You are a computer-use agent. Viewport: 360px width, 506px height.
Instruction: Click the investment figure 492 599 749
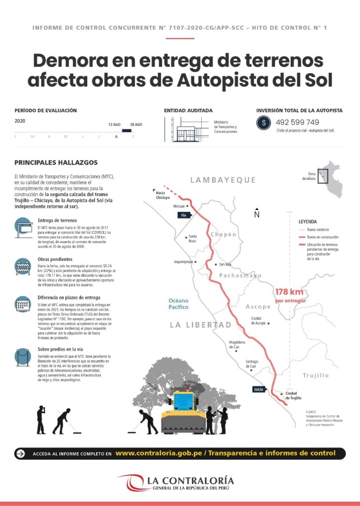pyautogui.click(x=297, y=122)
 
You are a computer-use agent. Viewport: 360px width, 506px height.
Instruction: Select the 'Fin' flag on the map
pyautogui.click(x=183, y=215)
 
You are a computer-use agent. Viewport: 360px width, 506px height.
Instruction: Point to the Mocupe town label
pyautogui.click(x=179, y=206)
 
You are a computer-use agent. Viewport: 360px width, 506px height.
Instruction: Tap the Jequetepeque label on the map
pyautogui.click(x=182, y=262)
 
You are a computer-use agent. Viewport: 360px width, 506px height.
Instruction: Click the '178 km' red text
pyautogui.click(x=290, y=292)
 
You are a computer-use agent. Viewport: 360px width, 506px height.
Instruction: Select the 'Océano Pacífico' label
pyautogui.click(x=179, y=303)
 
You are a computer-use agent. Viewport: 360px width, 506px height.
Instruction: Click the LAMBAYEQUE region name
pyautogui.click(x=223, y=180)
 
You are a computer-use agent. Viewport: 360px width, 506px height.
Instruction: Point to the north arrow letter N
pyautogui.click(x=257, y=214)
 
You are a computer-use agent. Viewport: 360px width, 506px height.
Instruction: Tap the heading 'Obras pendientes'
pyautogui.click(x=55, y=259)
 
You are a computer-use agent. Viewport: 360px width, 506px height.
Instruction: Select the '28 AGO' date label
pyautogui.click(x=136, y=124)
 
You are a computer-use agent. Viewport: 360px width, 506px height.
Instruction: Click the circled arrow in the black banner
pyautogui.click(x=20, y=453)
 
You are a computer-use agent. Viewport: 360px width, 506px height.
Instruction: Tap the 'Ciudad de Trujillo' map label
pyautogui.click(x=293, y=395)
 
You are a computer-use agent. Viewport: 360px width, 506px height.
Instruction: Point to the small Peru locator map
pyautogui.click(x=330, y=178)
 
